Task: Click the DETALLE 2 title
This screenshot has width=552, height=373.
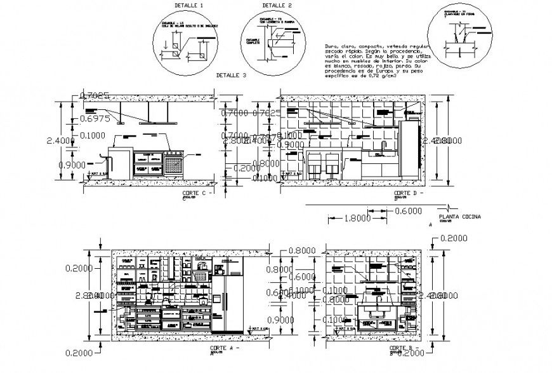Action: click(263, 5)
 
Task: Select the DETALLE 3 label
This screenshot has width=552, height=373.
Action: click(232, 75)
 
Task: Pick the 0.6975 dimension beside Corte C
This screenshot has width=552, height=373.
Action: click(96, 119)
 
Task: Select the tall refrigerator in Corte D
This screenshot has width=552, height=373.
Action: click(409, 149)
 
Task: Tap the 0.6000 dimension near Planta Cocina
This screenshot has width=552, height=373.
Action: click(409, 211)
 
